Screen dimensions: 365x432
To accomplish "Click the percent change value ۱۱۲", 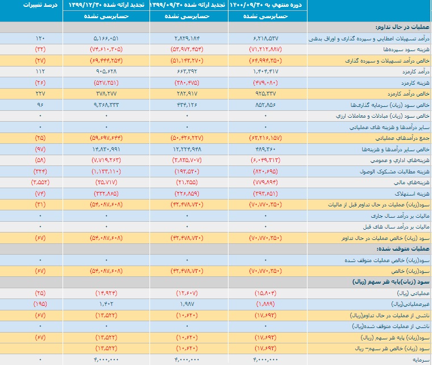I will pos(40,72).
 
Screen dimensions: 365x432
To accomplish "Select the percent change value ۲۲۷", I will pos(40,94).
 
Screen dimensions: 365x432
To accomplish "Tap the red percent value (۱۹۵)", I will pos(40,304).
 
